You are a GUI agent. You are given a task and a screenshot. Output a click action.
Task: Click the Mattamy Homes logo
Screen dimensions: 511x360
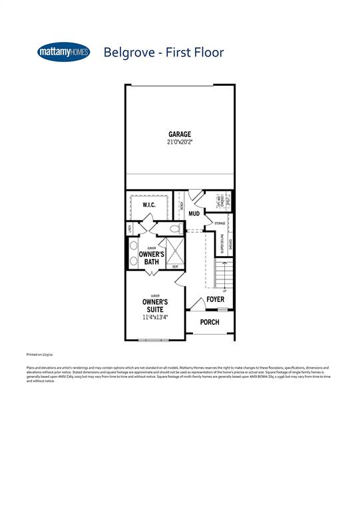click(x=64, y=52)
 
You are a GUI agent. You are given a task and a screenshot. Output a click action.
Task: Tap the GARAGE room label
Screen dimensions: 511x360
click(x=179, y=134)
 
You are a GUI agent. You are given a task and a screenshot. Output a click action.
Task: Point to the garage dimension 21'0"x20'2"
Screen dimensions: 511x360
click(x=179, y=142)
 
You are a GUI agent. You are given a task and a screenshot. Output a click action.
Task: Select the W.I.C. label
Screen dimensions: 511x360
click(x=149, y=205)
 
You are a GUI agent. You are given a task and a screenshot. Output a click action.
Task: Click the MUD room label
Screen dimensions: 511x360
click(x=194, y=214)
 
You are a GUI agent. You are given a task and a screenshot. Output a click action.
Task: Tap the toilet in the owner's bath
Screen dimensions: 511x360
click(x=175, y=229)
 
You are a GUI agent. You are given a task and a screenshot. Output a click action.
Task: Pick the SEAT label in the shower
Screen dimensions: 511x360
click(x=175, y=267)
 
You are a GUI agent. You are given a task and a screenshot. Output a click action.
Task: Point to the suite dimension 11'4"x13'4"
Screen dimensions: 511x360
click(x=155, y=317)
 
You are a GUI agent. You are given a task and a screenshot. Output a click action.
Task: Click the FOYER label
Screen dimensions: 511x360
click(x=215, y=300)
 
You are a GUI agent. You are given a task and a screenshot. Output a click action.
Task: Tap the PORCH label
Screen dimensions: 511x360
click(x=210, y=322)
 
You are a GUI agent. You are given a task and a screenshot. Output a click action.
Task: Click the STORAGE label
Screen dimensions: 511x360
click(x=220, y=224)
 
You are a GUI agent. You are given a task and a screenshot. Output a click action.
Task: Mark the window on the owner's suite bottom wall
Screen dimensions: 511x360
click(x=154, y=340)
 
